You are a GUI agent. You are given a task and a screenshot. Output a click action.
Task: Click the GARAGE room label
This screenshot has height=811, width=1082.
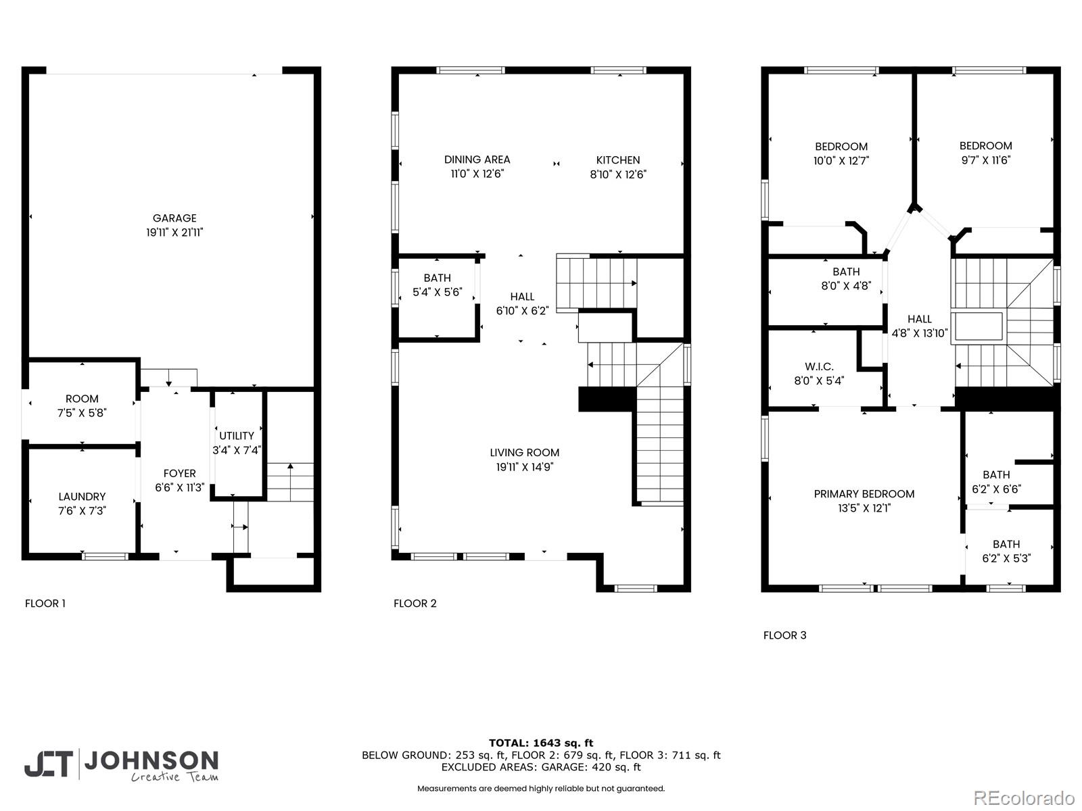pos(174,218)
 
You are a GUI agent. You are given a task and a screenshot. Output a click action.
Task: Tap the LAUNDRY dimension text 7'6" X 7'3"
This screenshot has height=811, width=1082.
pos(82,511)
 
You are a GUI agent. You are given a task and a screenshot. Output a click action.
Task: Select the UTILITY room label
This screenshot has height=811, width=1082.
pos(237,436)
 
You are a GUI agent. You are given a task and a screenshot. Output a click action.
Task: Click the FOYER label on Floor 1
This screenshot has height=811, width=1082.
pos(179,474)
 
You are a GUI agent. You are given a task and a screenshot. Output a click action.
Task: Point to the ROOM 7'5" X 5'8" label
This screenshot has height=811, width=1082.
pos(82,405)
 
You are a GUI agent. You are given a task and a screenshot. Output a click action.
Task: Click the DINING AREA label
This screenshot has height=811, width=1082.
pos(477,159)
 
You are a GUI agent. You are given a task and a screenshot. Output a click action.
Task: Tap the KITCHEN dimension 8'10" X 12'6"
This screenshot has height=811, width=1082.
pos(618,174)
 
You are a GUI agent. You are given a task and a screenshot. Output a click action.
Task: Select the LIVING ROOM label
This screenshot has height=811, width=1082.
pos(525,453)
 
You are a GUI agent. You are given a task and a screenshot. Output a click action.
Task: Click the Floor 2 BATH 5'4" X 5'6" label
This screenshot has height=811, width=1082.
pos(437,285)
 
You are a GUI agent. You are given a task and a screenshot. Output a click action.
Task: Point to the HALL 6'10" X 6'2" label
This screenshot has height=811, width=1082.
pos(522,303)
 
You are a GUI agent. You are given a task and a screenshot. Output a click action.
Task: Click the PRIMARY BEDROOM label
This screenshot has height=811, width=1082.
pos(864,494)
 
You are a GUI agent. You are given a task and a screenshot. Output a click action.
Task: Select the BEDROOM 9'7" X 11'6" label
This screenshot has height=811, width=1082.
pos(985,153)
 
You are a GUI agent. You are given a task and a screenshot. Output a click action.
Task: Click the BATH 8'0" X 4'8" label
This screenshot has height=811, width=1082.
pos(846,278)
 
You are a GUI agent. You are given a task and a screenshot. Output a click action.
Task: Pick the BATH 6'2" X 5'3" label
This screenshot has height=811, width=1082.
pos(1006,551)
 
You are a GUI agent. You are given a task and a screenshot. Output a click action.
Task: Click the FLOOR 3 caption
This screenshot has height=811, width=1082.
pos(784,635)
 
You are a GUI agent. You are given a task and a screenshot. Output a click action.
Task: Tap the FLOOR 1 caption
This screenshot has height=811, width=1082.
pos(45,604)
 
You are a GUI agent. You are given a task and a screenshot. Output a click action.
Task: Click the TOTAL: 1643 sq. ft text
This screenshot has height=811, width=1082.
pos(541,743)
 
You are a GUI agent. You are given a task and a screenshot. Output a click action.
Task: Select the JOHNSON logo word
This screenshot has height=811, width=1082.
pos(150,760)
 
